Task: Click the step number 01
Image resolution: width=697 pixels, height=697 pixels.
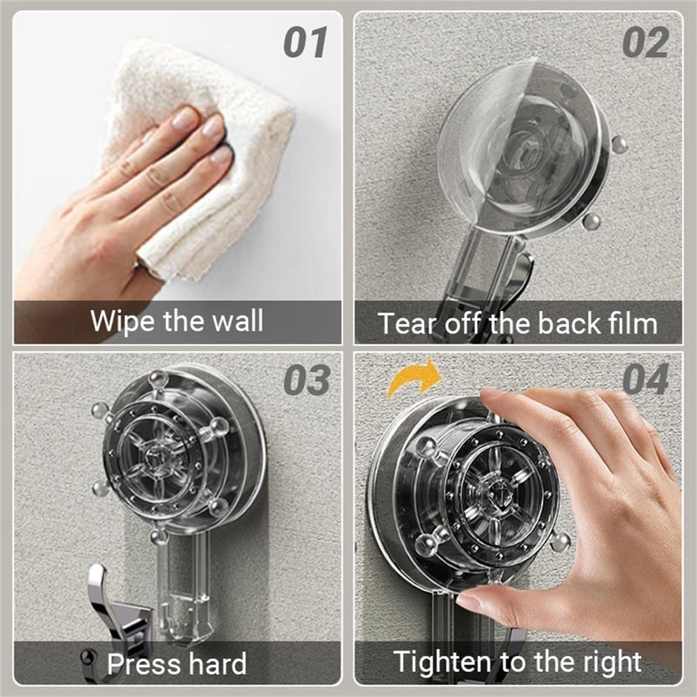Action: pos(306,42)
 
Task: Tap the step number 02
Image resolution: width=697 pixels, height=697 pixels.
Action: pos(645,42)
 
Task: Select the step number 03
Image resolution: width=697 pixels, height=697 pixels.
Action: pos(307,380)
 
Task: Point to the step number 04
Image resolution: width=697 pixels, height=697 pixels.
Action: pos(645,379)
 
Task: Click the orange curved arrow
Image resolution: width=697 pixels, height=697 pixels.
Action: pos(413,378)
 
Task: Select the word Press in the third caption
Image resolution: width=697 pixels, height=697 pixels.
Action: pos(142,664)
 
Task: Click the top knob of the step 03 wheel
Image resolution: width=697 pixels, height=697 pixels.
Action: pos(158,378)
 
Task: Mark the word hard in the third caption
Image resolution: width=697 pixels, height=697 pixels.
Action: pos(217,664)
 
